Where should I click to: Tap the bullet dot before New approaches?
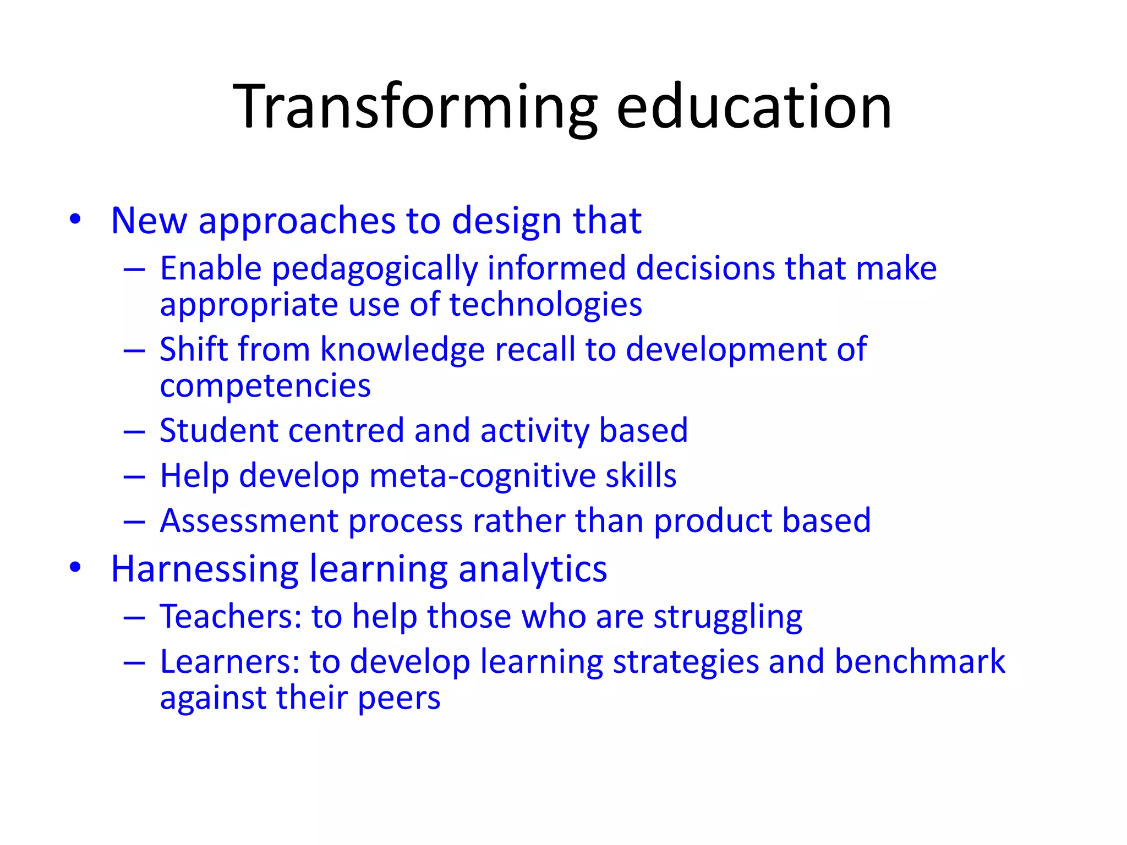(x=75, y=220)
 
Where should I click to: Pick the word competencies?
(x=265, y=386)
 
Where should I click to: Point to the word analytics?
(x=532, y=569)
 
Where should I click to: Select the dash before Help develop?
(x=134, y=476)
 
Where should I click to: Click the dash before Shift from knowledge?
(x=134, y=350)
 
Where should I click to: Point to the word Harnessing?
(x=204, y=569)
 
